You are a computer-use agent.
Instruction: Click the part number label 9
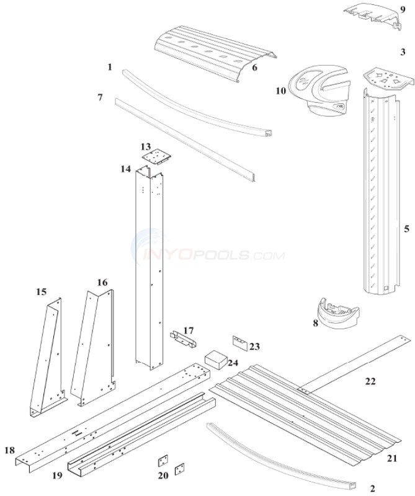pos(402,9)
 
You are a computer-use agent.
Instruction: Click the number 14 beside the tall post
pos(127,169)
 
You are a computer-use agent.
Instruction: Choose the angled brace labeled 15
pos(48,356)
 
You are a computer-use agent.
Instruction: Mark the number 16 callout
pos(102,282)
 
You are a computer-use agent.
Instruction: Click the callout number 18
pos(9,450)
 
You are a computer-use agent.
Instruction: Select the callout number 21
pos(391,458)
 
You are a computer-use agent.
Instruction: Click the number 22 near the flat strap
pos(370,381)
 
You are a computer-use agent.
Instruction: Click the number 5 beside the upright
pos(406,229)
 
